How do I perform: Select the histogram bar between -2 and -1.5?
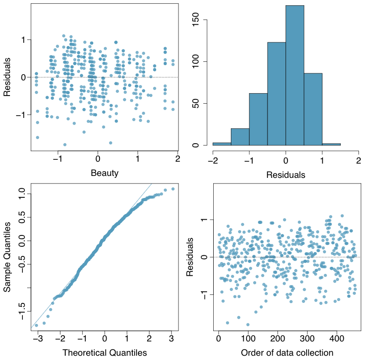(x=222, y=144)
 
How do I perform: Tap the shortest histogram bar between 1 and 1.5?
(x=331, y=144)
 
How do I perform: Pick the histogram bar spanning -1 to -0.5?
(x=258, y=119)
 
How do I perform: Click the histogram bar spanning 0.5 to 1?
(x=313, y=109)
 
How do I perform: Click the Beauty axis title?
(x=105, y=173)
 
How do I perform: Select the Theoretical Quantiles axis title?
(x=105, y=352)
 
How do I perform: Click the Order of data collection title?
(x=287, y=352)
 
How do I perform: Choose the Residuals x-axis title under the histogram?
(x=286, y=175)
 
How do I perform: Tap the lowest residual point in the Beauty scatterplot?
(x=65, y=145)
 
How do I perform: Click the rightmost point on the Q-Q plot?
(x=173, y=189)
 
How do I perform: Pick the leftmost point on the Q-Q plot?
(x=36, y=325)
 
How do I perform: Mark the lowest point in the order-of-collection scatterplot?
(x=248, y=325)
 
